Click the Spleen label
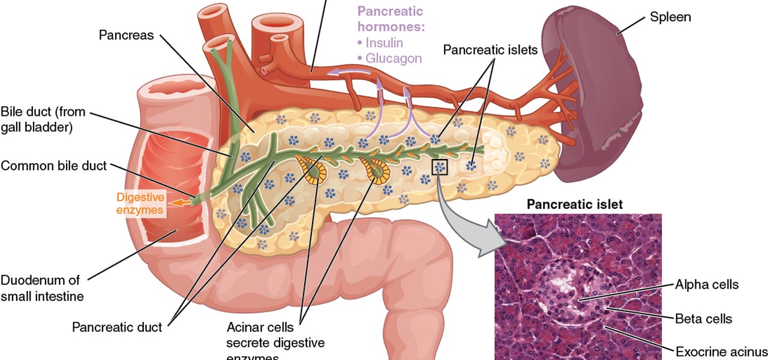(670, 17)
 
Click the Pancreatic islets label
(490, 50)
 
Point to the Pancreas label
(127, 35)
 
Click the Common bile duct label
(53, 166)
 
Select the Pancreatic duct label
(117, 327)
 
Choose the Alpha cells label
(707, 284)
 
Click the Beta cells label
(704, 319)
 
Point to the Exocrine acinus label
(721, 351)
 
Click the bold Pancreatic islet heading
(574, 205)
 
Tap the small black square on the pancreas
(440, 167)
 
